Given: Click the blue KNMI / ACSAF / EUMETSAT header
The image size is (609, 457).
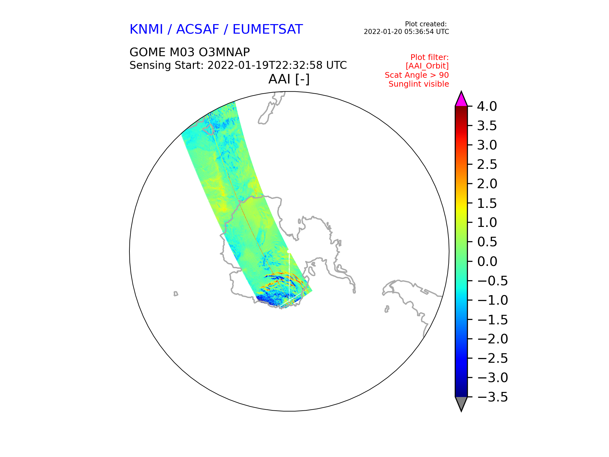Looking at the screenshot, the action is (x=216, y=30).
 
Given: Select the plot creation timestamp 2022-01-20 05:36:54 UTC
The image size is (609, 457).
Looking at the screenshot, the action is (x=406, y=32).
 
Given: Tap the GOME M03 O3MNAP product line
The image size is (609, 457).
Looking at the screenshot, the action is (x=190, y=52).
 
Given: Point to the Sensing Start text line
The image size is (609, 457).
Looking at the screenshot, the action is (x=238, y=65).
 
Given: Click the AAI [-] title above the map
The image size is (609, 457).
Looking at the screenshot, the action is (x=289, y=79).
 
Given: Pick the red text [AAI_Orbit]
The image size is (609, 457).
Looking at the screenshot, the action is (x=427, y=66).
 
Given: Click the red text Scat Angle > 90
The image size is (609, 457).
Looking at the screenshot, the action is (x=417, y=75).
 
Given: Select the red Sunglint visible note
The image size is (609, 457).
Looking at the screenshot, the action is (x=419, y=84).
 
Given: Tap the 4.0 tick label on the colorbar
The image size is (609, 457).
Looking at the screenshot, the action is (x=487, y=107).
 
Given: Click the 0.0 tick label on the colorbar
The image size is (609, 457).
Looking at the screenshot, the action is (x=487, y=262).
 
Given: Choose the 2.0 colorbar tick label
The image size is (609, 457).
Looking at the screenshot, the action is (x=487, y=184).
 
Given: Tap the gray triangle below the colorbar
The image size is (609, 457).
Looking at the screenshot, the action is (x=461, y=403).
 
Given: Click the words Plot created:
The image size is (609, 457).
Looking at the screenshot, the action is (x=426, y=24).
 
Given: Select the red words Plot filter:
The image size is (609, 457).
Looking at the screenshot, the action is (x=429, y=57).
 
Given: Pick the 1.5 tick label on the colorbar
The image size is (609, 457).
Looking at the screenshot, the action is (x=487, y=203).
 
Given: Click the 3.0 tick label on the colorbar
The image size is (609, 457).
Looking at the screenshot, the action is (x=487, y=145).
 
